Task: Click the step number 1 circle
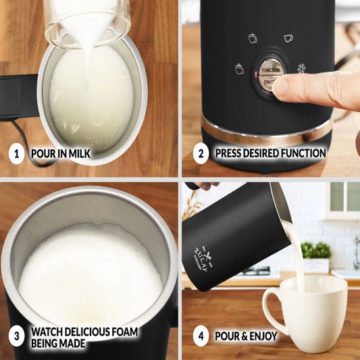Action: click(16, 153)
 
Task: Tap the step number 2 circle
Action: click(201, 153)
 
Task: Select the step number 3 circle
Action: click(16, 336)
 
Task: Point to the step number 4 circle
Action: click(201, 336)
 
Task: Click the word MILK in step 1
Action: click(80, 153)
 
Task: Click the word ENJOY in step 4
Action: click(263, 336)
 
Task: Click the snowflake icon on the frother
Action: click(301, 68)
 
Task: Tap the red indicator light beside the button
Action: click(256, 74)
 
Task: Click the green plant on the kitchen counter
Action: click(316, 250)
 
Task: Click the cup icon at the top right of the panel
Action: click(288, 38)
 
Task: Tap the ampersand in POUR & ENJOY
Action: click(243, 336)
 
